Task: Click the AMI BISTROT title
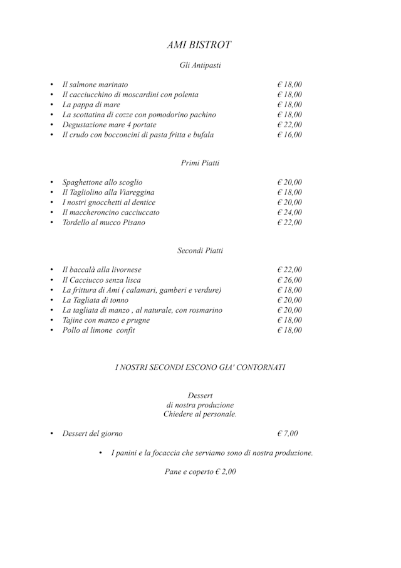(200, 45)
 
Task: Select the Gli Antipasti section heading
(200, 65)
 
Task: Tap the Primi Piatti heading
(200, 163)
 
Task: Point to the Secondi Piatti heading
(200, 251)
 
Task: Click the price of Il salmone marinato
(289, 85)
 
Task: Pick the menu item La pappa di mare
(91, 105)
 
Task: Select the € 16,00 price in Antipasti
(289, 135)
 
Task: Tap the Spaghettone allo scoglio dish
(102, 182)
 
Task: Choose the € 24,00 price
(289, 213)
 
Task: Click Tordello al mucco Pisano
(103, 223)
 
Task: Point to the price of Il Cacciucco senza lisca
(289, 280)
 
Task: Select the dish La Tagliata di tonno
(95, 300)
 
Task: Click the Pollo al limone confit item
(98, 330)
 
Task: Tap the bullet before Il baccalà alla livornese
(51, 270)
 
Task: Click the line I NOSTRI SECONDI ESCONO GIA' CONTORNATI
(200, 367)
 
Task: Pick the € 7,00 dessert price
(288, 433)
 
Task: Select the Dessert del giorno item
(92, 433)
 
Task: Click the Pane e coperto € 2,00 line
(200, 471)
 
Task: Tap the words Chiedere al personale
(200, 414)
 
